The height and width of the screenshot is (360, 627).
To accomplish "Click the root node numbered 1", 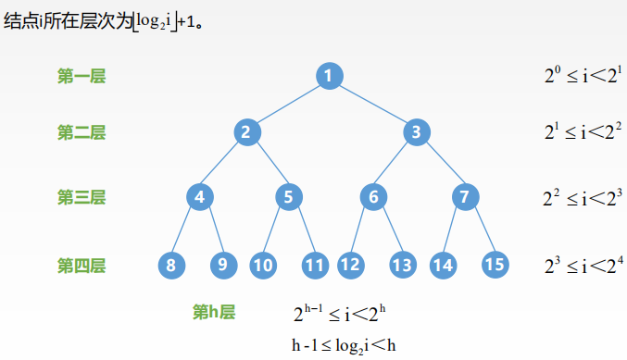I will [x=329, y=75].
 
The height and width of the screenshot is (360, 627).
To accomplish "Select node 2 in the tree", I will [x=245, y=132].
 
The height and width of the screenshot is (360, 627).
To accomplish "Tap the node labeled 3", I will [x=417, y=132].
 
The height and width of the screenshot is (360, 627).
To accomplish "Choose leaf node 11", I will [x=316, y=266].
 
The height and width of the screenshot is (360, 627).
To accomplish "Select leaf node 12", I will [x=349, y=266].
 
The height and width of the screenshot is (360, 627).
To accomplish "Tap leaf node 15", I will [x=495, y=265].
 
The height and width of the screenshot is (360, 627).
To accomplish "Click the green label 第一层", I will [x=82, y=76].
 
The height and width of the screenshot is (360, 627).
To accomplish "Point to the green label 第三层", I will [x=82, y=196].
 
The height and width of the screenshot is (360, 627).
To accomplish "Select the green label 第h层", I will [x=214, y=312].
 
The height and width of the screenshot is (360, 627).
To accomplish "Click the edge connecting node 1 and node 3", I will [x=372, y=104].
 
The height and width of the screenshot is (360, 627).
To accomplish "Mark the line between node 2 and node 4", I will [x=222, y=165].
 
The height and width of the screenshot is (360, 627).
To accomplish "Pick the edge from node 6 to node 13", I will [x=387, y=231].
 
